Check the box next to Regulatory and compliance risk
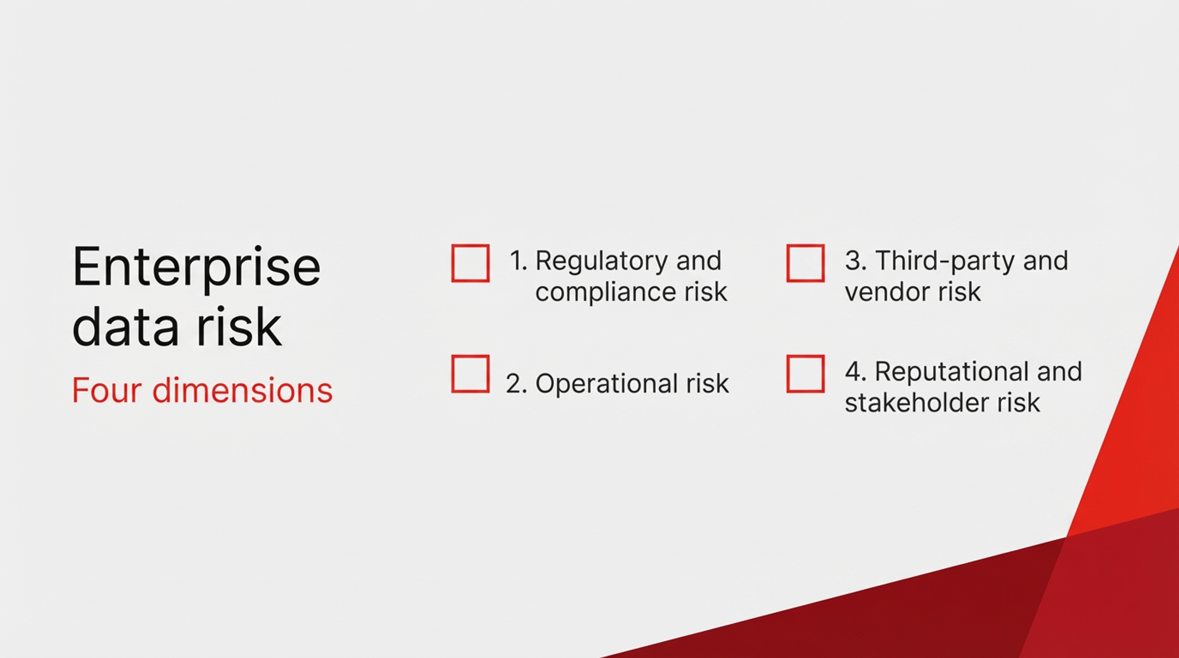coord(470,263)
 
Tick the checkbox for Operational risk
coord(470,374)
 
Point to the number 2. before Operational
coord(516,384)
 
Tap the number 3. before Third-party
coord(855,261)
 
